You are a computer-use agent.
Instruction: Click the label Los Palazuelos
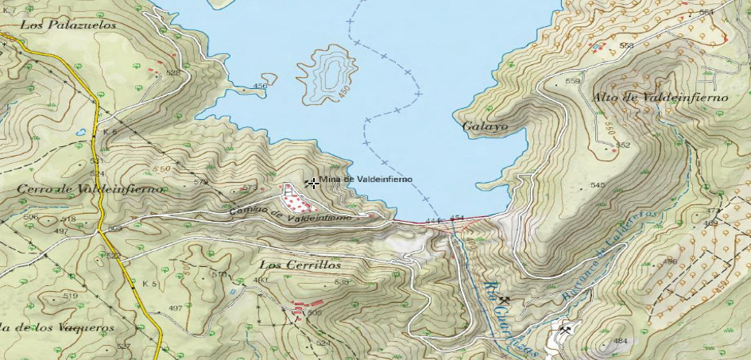click(x=68, y=25)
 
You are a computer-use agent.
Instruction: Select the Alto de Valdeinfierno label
click(x=660, y=98)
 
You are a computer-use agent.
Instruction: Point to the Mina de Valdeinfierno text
click(x=366, y=180)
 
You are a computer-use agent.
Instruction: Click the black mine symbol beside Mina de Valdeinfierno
click(x=313, y=184)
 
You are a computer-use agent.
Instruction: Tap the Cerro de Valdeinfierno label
click(x=90, y=190)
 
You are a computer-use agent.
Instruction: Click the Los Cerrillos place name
click(x=300, y=264)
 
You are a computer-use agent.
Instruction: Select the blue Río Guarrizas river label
click(x=509, y=314)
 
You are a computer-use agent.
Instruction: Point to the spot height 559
click(x=572, y=82)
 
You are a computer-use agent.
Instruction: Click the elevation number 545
click(x=598, y=185)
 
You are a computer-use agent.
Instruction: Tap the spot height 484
click(x=621, y=341)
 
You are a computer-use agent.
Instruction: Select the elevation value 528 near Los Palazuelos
click(x=174, y=72)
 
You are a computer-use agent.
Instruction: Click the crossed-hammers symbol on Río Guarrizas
click(x=502, y=300)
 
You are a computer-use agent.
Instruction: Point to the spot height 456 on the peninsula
click(x=260, y=86)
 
